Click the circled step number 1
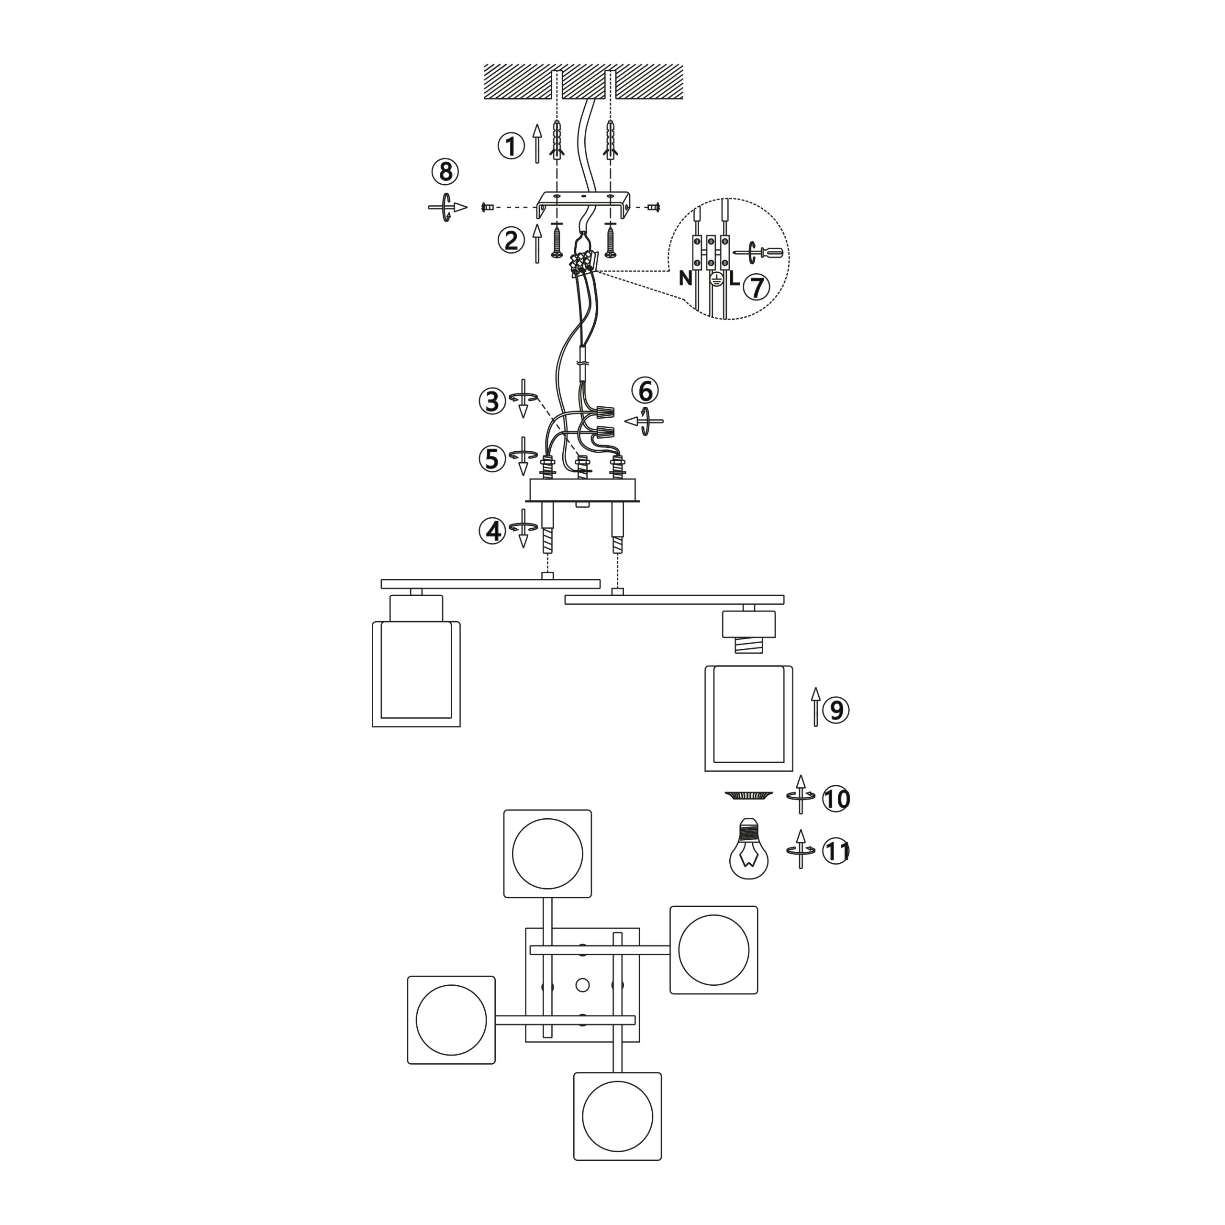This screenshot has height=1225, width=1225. point(511,146)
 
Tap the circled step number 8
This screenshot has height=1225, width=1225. point(445,172)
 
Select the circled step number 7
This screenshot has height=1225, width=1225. point(757,287)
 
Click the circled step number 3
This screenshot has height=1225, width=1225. point(493,402)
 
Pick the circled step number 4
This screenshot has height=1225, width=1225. point(493,531)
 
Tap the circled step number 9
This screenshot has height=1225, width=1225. point(835,710)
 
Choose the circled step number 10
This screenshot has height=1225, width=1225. point(835,799)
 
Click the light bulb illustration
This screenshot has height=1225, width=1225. point(749,848)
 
